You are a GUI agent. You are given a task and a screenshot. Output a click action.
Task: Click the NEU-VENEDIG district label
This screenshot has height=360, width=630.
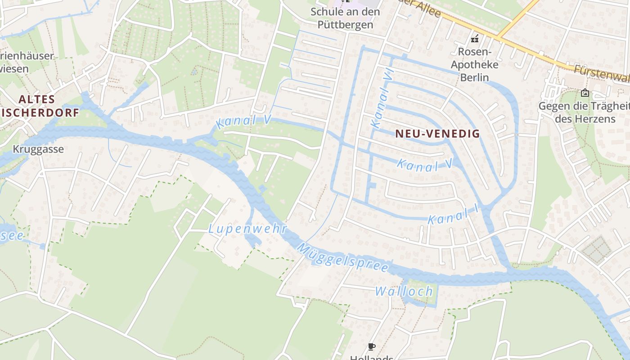(x=438, y=134)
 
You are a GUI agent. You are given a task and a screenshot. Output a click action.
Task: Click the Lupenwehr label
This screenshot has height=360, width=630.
(x=247, y=229)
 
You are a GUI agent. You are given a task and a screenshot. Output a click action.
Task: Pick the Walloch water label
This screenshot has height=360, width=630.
(x=404, y=291)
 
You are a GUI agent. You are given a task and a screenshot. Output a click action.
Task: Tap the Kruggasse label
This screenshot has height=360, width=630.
(x=38, y=149)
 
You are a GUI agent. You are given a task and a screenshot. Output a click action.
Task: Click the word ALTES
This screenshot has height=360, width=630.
(x=37, y=99)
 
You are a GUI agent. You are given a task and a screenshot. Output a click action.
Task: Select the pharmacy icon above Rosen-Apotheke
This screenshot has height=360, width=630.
(x=474, y=39)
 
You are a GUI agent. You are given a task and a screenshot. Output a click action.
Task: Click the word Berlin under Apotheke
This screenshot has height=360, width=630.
(x=474, y=77)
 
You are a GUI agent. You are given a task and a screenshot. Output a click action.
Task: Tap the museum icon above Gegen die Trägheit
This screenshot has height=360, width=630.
(x=585, y=93)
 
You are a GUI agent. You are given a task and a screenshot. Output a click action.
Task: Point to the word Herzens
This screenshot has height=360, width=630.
(x=585, y=119)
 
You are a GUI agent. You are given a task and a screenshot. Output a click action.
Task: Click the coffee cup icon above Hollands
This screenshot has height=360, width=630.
(x=371, y=346)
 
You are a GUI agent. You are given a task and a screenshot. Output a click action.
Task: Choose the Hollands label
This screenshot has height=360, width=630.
(x=372, y=358)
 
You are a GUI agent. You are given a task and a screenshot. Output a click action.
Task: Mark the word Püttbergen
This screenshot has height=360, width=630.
(x=345, y=24)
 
